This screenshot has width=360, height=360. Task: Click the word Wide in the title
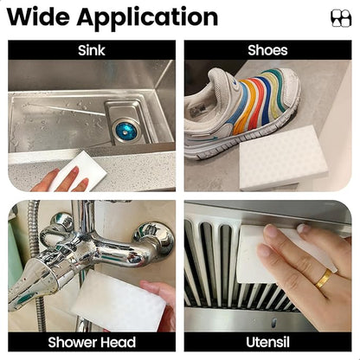click(38, 17)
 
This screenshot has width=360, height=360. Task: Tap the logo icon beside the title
click(341, 18)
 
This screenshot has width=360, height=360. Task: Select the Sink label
click(92, 50)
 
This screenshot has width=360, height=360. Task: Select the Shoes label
click(267, 50)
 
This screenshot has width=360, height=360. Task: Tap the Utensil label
click(267, 342)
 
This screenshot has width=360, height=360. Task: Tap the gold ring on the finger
click(324, 279)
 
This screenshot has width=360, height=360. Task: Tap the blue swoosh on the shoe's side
click(212, 138)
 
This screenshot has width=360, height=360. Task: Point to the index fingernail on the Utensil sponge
click(270, 231)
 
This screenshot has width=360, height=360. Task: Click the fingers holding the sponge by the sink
click(62, 180)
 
